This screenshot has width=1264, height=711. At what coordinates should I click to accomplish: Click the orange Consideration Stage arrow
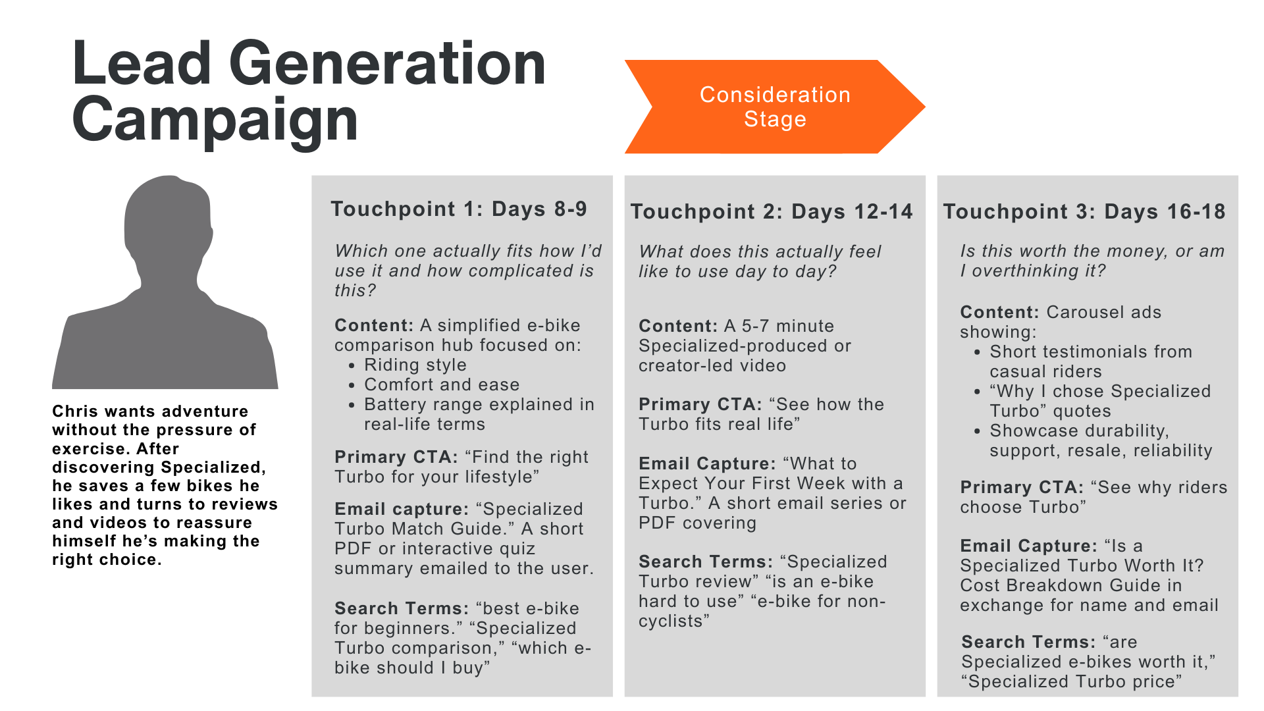pos(774,107)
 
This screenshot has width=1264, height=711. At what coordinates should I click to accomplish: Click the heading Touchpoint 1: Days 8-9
pos(459,209)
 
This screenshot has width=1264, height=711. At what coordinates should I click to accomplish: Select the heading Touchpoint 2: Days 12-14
pos(772,212)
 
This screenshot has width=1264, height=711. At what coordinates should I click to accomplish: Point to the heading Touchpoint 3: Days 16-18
pos(1084,212)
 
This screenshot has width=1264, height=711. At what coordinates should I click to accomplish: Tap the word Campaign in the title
pos(215,120)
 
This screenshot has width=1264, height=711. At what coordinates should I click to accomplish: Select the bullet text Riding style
pos(415,365)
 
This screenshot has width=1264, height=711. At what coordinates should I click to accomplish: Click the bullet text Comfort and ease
pos(442,385)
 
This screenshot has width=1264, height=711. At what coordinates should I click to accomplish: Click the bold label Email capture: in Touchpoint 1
pos(402,510)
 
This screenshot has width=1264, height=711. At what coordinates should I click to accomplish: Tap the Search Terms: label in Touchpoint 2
pos(706,562)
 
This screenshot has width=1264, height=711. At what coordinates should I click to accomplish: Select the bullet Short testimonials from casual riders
pos(1090,362)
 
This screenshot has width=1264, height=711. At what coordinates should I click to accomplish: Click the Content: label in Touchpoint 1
pos(374,326)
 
